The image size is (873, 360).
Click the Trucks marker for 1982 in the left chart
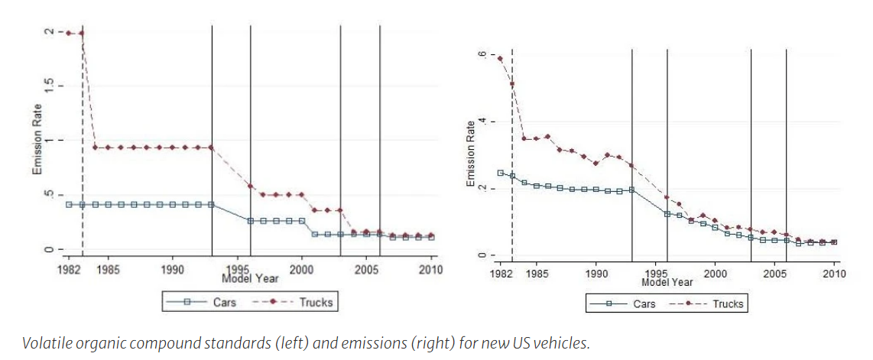tap(69, 33)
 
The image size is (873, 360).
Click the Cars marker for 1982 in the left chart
tap(69, 204)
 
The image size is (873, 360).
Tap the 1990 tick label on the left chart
tap(172, 270)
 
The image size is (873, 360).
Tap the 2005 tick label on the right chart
tap(774, 273)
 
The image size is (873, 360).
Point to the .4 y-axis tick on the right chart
tap(482, 122)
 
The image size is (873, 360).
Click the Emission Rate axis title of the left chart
tap(37, 141)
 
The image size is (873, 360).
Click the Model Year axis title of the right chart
tap(667, 282)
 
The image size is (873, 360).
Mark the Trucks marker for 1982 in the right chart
tap(500, 59)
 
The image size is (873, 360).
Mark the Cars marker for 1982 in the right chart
tap(500, 173)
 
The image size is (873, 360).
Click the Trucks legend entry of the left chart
tap(315, 302)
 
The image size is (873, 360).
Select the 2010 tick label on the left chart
tap(430, 270)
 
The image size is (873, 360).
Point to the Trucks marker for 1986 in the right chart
tap(547, 137)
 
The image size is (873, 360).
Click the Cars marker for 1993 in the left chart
tap(211, 204)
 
